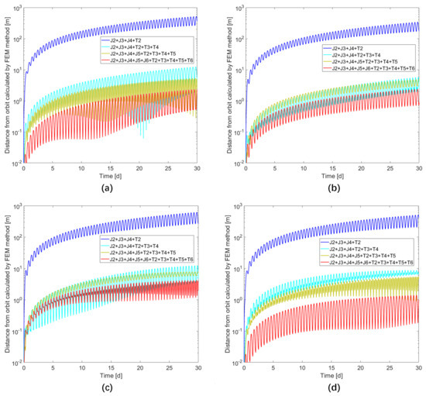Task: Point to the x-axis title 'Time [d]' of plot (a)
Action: (110, 176)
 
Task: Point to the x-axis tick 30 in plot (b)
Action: (417, 168)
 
